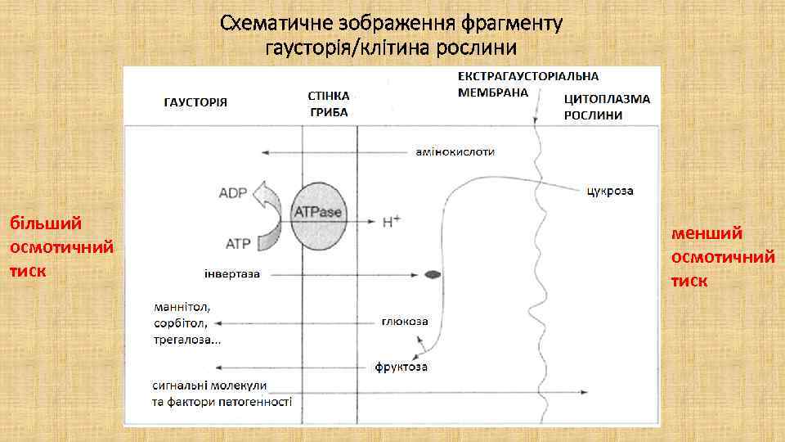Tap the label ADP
[235, 193]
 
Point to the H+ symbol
[391, 222]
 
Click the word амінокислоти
[455, 151]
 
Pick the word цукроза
[610, 192]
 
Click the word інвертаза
[232, 273]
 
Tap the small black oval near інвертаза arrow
[433, 275]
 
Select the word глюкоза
[404, 321]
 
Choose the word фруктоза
[401, 368]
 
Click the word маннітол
[182, 307]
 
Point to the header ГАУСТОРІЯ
[195, 102]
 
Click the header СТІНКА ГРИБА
[329, 104]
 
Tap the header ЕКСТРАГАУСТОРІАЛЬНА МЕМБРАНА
[527, 83]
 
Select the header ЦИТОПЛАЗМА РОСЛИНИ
[607, 106]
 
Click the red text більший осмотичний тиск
[61, 246]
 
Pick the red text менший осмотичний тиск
[723, 257]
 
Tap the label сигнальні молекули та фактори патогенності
[222, 393]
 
